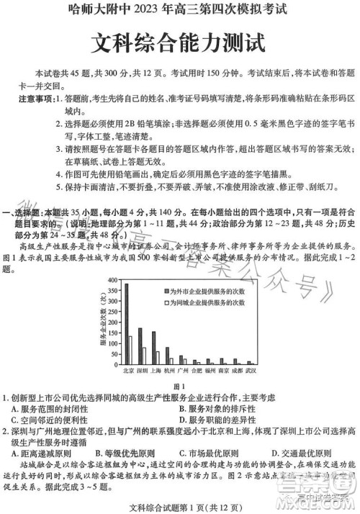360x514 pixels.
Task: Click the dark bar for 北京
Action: (x=127, y=324)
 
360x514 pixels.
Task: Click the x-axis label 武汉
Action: (x=251, y=371)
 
